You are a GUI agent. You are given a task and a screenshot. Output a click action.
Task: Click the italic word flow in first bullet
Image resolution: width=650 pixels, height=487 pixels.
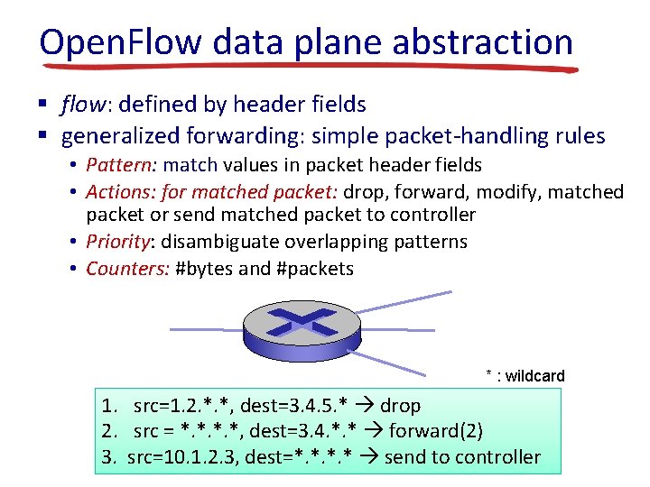click(x=81, y=106)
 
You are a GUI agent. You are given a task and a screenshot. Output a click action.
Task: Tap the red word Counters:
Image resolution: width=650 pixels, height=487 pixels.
click(x=127, y=269)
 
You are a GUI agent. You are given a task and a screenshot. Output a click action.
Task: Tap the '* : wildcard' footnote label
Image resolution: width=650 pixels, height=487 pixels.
click(x=525, y=376)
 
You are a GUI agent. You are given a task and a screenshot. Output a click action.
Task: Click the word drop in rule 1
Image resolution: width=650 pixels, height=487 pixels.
click(x=400, y=406)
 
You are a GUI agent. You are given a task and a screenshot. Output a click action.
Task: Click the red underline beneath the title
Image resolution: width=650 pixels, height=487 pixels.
click(x=307, y=66)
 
